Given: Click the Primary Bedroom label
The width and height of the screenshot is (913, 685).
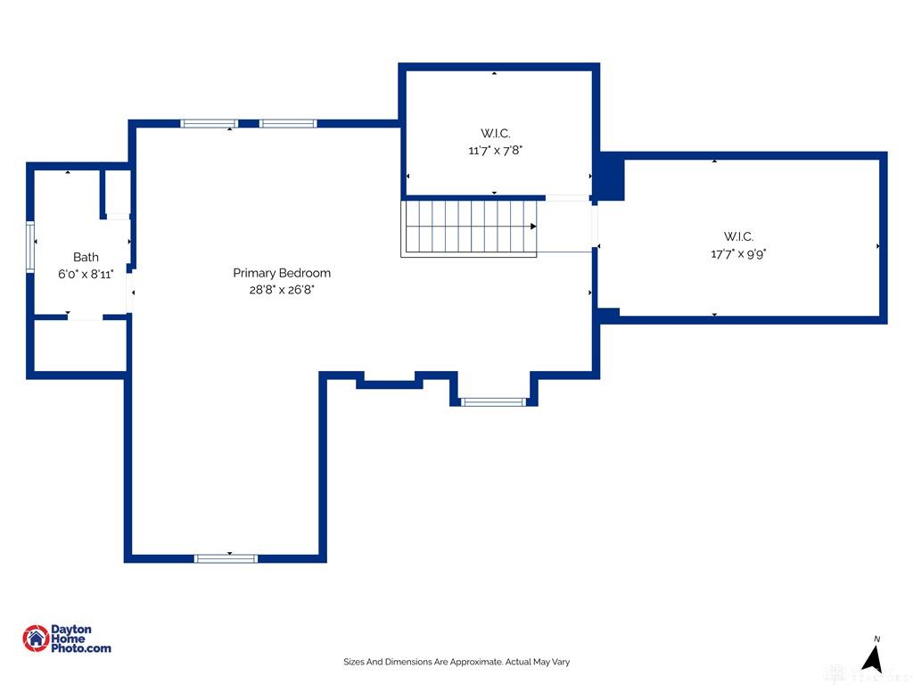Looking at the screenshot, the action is (282, 273).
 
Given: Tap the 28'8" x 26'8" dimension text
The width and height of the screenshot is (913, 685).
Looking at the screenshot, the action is (282, 290).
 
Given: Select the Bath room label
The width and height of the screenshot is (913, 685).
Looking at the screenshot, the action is (86, 257).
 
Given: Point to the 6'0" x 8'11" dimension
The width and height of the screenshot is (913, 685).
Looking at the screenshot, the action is (86, 274).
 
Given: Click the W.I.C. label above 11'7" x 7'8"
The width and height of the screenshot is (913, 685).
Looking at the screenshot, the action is (496, 134).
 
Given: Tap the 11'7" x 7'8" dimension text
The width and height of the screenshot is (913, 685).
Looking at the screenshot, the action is (496, 150).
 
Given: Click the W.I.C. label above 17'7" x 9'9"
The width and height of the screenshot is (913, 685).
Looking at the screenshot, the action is (738, 236).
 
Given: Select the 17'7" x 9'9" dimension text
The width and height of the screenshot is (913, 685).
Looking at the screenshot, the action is (738, 253).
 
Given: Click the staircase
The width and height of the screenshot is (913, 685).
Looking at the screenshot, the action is (469, 227).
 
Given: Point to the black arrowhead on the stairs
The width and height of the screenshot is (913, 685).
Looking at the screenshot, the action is (533, 226).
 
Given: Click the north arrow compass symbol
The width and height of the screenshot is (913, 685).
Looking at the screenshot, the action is (872, 659).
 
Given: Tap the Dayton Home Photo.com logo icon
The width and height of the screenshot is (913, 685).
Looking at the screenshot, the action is (36, 639).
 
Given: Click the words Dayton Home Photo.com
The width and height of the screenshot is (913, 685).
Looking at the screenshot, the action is (80, 639).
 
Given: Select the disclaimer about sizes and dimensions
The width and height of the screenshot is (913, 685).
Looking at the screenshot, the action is (456, 662).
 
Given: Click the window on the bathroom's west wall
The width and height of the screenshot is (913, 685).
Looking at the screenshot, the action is (30, 246).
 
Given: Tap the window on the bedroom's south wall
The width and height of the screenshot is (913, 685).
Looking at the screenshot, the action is (226, 558).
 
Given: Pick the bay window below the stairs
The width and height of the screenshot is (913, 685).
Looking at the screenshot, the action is (493, 402).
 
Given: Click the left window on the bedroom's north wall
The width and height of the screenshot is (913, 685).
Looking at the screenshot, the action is (209, 123).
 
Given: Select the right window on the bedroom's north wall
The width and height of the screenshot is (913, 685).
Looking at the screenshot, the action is (288, 123).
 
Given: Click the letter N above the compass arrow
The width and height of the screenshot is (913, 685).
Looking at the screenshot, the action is (877, 639).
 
